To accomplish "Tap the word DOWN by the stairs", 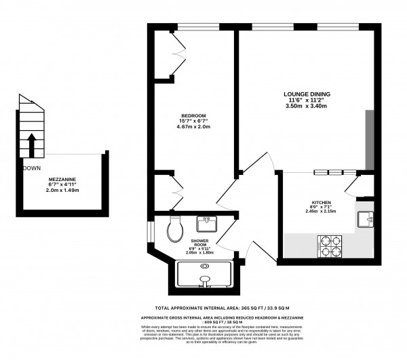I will (x=31, y=168).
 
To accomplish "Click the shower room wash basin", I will (x=206, y=224).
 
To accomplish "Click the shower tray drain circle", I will (x=204, y=278).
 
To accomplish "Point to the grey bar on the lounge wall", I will (x=369, y=139).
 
